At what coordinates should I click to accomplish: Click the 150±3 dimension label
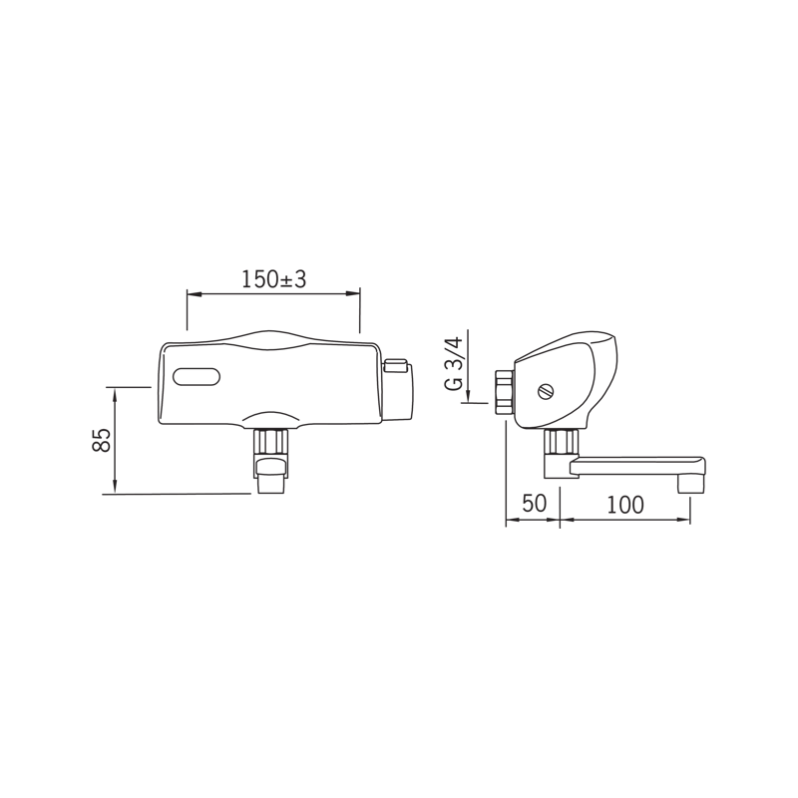(273, 279)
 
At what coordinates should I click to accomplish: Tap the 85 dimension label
(102, 440)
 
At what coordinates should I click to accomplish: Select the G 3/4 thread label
(454, 363)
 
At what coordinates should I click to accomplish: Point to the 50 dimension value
(535, 504)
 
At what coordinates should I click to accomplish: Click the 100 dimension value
(625, 505)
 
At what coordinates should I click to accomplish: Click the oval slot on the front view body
(197, 377)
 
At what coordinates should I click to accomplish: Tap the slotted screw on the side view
(546, 392)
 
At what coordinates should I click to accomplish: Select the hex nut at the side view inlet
(504, 392)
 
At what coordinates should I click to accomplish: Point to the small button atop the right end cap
(396, 365)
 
